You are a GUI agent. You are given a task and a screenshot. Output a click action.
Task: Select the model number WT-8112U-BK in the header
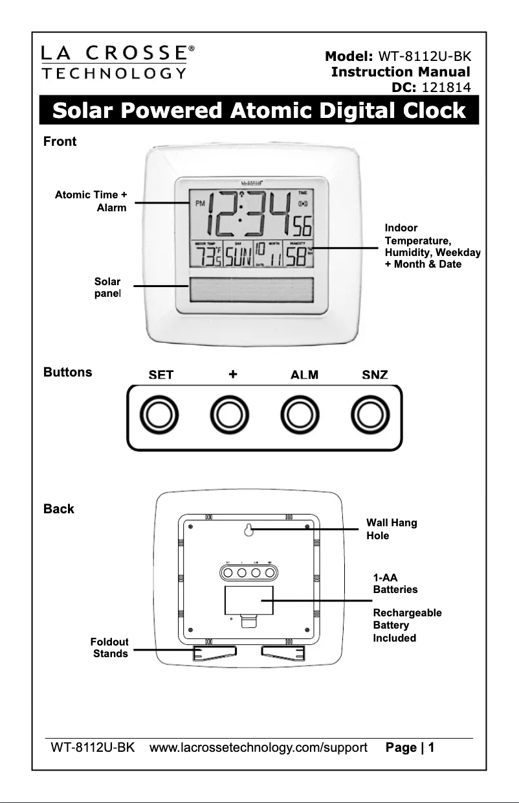click(x=424, y=56)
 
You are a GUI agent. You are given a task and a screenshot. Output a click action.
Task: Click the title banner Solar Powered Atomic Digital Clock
click(x=259, y=111)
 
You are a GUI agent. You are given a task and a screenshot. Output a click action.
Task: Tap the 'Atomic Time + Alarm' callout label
click(x=91, y=201)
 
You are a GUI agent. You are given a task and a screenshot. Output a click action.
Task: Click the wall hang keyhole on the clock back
click(x=248, y=530)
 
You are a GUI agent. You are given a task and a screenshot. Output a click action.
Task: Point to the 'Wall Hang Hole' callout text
click(x=391, y=530)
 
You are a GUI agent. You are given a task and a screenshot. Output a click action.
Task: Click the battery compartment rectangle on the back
click(x=249, y=600)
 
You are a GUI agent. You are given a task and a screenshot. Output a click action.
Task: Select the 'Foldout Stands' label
click(x=110, y=647)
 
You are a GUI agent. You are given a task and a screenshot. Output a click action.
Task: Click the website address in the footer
click(x=258, y=747)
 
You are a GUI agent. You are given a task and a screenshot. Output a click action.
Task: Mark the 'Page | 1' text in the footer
click(x=409, y=747)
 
